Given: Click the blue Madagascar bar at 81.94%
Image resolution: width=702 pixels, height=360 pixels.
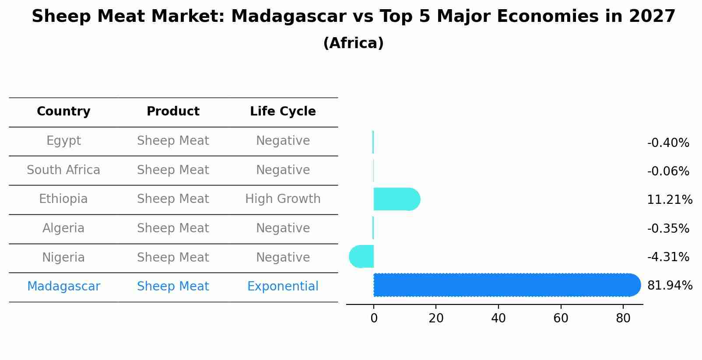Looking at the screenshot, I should tap(503, 285).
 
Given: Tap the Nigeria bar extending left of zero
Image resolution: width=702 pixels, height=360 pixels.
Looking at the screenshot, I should tap(362, 256).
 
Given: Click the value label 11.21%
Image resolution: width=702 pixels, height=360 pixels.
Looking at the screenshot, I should tap(669, 200).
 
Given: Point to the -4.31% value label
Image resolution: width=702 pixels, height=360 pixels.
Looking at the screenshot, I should tap(668, 257).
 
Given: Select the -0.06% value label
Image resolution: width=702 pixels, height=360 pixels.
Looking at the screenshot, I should tap(668, 171).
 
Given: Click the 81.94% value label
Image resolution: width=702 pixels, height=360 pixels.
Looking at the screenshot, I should tap(669, 286).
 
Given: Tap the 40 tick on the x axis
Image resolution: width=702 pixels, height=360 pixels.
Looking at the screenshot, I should tap(498, 318).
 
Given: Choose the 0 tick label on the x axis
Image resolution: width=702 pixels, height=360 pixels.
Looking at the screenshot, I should tap(374, 318).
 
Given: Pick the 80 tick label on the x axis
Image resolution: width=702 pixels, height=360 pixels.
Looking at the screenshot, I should tap(623, 318).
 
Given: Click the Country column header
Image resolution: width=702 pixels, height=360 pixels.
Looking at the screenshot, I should tap(63, 112).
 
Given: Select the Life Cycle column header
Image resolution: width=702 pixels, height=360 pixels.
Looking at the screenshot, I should tap(283, 112).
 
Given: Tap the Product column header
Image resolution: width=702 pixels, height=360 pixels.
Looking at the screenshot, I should tap(173, 112).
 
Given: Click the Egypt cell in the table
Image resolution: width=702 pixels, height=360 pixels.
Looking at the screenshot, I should tap(63, 141).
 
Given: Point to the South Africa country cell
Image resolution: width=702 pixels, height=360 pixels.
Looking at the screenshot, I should tap(63, 170).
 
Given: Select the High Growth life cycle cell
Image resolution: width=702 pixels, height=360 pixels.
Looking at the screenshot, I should tap(283, 199).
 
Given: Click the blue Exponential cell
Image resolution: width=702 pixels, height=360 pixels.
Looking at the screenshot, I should tap(283, 287).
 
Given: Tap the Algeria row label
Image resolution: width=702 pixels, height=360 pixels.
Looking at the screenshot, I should tap(63, 228).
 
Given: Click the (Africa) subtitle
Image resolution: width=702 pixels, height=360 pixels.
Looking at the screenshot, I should tap(353, 43).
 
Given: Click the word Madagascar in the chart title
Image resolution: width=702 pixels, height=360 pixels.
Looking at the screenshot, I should tap(288, 17).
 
